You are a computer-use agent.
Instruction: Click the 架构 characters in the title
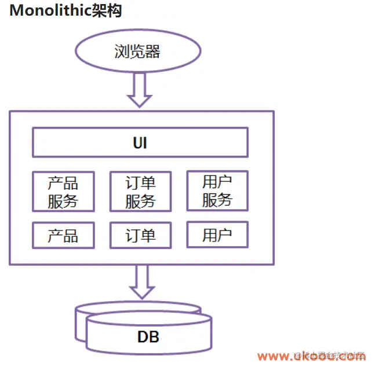point(107,10)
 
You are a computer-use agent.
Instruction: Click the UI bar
point(140,142)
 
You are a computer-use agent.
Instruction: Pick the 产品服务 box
point(63,192)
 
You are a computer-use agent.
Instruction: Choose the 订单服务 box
point(140,192)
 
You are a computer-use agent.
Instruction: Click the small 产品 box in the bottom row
point(63,235)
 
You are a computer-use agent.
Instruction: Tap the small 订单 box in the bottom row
point(140,235)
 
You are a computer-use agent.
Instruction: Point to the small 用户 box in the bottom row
point(217,235)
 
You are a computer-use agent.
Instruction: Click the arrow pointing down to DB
point(140,281)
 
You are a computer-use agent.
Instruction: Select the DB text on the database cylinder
point(148,336)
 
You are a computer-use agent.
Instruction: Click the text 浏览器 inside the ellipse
point(137,52)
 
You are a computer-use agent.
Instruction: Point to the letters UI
point(140,142)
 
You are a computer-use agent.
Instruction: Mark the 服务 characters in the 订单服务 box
point(140,201)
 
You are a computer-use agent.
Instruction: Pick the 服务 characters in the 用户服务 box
point(217,200)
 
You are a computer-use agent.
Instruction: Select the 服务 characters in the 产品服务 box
point(63,201)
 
